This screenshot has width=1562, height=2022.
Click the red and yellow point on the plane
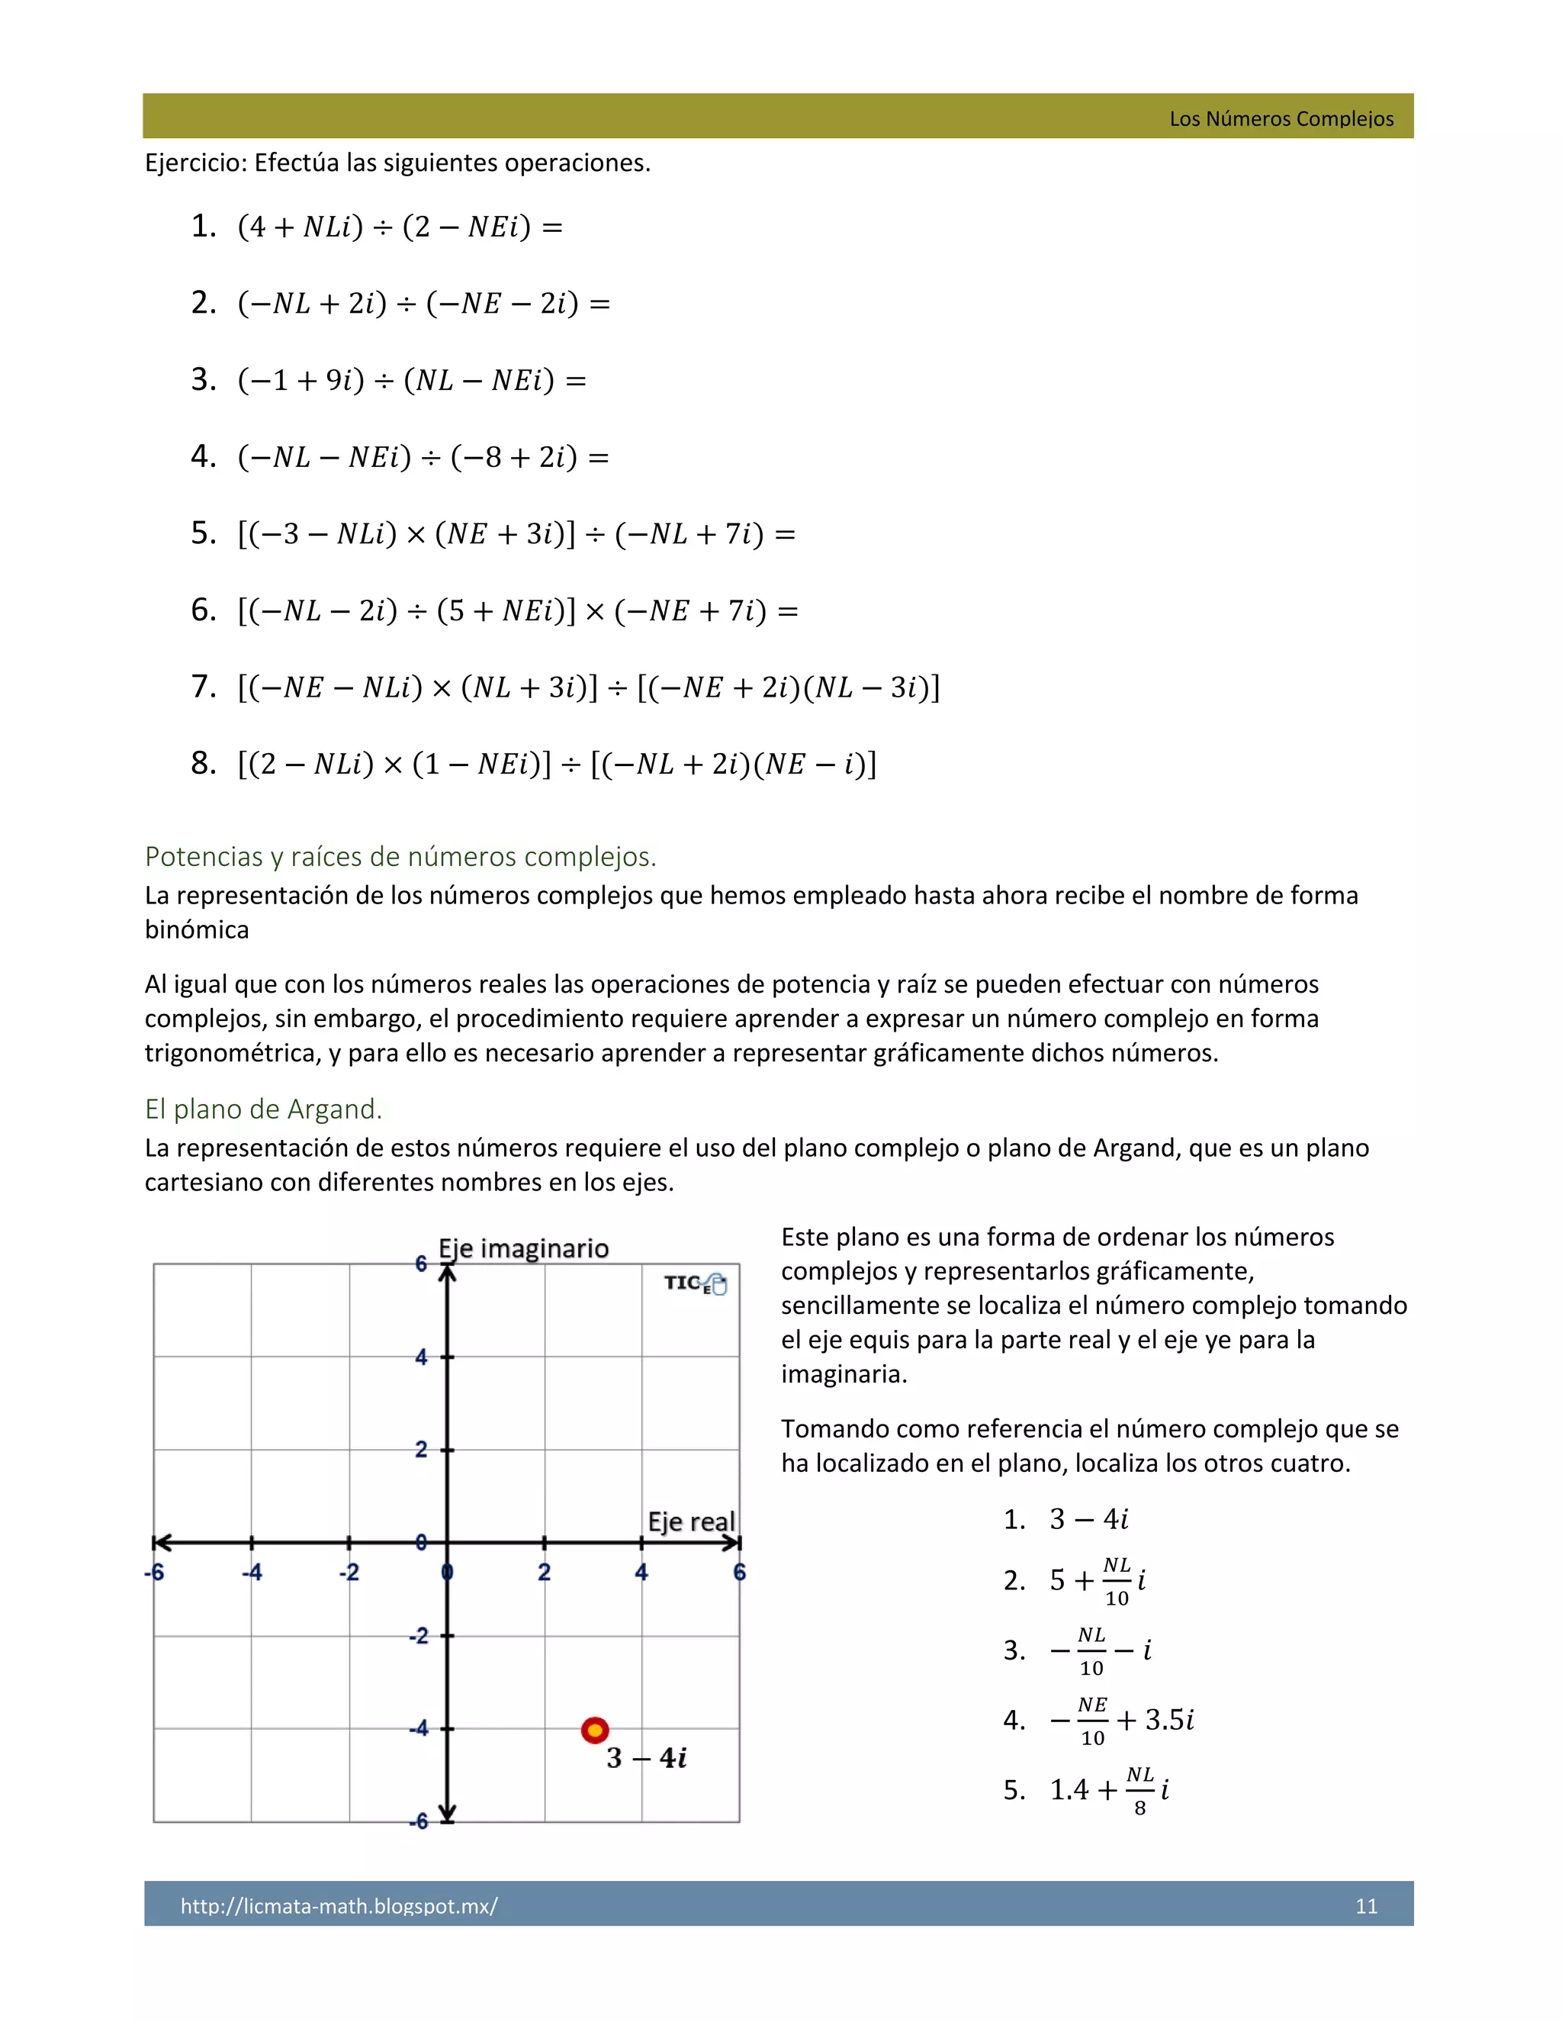595,1730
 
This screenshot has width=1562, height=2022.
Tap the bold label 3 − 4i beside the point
646,1758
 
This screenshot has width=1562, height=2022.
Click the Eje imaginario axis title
524,1249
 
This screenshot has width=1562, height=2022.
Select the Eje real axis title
690,1521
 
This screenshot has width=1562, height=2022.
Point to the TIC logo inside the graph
695,1283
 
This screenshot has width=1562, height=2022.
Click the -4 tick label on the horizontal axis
251,1572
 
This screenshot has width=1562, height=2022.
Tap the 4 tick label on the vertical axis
421,1357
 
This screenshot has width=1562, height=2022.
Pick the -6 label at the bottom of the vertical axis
419,1821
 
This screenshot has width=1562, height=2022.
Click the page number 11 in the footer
1366,1906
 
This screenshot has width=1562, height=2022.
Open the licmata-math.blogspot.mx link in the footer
339,1906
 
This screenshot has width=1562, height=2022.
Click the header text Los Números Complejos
1281,118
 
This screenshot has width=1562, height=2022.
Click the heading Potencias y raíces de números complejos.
400,856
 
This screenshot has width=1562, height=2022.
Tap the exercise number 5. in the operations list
203,533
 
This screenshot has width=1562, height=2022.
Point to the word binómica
196,929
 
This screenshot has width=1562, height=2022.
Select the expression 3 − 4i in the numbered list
1088,1519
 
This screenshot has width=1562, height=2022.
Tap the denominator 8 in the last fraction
1140,1808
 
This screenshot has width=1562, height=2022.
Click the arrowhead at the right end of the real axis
733,1542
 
